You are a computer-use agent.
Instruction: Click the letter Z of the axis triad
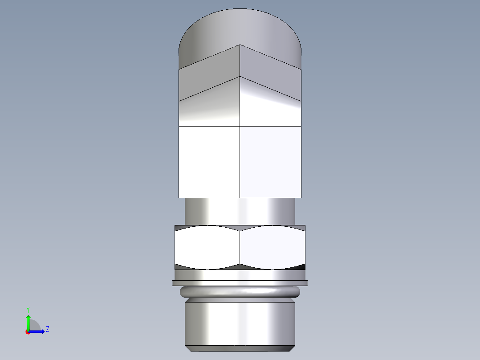[48, 329]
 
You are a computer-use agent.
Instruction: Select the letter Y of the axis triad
[28, 309]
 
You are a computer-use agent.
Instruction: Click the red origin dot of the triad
[28, 332]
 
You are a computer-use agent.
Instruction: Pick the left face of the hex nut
[207, 247]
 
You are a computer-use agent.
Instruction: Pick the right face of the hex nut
[273, 247]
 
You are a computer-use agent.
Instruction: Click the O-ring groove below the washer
[240, 292]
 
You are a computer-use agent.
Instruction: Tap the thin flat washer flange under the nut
[240, 283]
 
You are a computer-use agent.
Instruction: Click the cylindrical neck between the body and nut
[240, 211]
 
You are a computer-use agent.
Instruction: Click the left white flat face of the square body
[209, 162]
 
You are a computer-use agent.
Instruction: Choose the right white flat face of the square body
[271, 162]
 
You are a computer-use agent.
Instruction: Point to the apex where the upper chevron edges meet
[240, 45]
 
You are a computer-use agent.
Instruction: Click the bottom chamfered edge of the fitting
[240, 348]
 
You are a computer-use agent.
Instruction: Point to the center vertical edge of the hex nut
[240, 247]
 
